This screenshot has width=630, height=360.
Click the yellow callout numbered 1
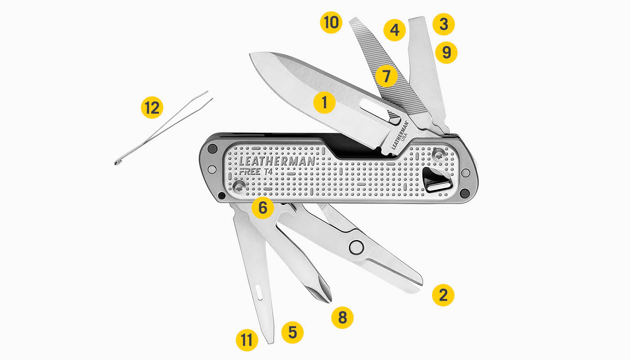tap(324, 103)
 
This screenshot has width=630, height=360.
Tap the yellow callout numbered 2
tap(443, 295)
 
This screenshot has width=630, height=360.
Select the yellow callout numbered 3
tap(444, 24)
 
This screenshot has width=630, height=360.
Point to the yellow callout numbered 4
tap(395, 31)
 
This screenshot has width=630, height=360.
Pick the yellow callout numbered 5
tap(292, 333)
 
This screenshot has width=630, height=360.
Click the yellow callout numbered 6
tap(263, 208)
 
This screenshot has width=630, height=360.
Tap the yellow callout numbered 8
tap(342, 317)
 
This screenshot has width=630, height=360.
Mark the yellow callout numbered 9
tap(446, 52)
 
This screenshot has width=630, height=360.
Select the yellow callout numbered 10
tap(331, 22)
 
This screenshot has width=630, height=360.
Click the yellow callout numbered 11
tap(247, 340)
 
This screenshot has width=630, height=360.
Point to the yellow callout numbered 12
tap(152, 108)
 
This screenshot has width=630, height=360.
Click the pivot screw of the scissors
tap(356, 247)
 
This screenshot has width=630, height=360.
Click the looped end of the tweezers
tap(118, 161)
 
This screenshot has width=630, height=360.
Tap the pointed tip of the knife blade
tap(252, 56)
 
